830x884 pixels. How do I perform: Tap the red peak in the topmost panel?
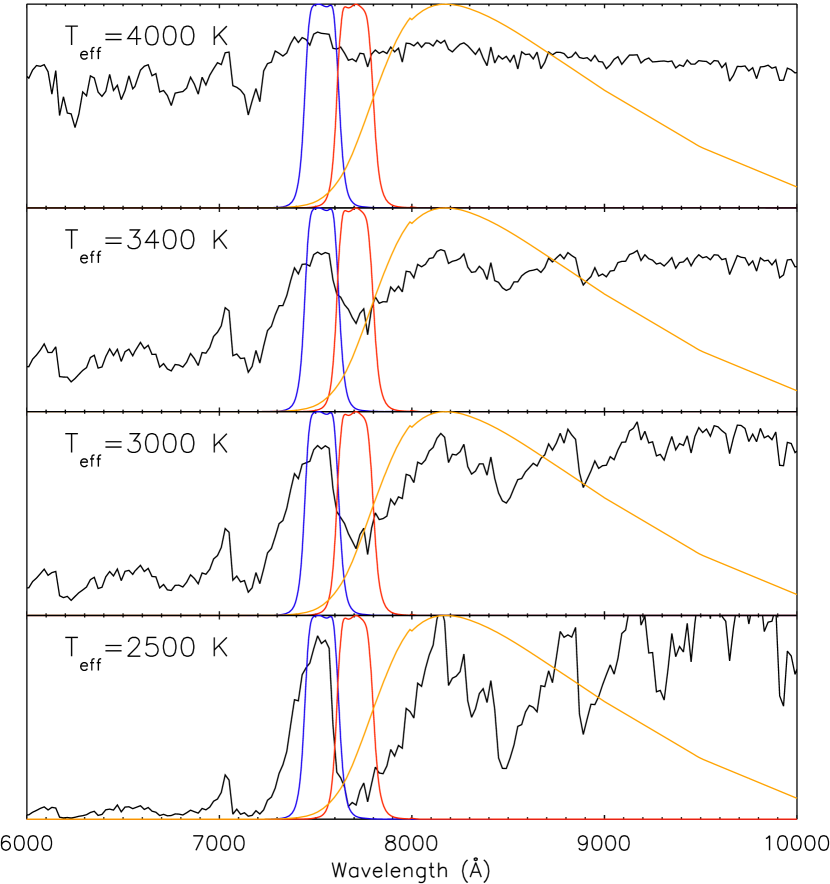(353, 5)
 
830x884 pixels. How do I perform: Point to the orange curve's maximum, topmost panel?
(443, 4)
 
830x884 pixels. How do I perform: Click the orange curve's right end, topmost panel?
(796, 186)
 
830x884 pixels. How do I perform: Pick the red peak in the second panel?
(353, 209)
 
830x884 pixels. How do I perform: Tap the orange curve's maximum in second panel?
(443, 208)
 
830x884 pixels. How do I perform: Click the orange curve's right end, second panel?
(796, 390)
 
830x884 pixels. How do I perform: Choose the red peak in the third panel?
(353, 413)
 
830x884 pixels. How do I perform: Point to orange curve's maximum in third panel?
(443, 412)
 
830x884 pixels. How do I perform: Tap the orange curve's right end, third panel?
(796, 594)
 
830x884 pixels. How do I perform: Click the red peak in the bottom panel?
(353, 617)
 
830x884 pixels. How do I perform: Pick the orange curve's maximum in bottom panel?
(443, 616)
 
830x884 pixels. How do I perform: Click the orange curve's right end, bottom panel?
(796, 798)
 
